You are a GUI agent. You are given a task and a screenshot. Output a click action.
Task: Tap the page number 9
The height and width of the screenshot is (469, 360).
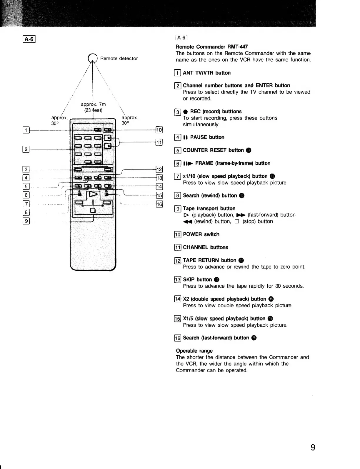[313, 448]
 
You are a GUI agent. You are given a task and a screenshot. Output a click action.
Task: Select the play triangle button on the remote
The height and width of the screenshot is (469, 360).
[93, 195]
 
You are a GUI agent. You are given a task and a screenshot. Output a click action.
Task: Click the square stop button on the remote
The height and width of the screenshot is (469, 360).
[93, 210]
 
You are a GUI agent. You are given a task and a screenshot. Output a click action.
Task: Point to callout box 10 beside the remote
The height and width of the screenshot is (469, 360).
[159, 130]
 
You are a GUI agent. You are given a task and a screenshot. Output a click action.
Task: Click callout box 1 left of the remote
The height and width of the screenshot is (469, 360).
[26, 130]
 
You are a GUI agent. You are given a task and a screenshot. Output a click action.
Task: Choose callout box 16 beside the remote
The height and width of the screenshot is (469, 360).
[159, 204]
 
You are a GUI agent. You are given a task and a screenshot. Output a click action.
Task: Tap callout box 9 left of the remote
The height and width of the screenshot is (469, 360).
[26, 221]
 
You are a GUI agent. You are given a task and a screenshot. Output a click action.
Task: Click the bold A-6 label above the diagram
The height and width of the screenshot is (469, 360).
[29, 39]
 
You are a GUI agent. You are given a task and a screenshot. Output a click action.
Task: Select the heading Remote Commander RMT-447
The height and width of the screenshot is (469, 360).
[212, 47]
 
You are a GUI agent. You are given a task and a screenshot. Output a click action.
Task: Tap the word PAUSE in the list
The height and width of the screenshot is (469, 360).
[199, 137]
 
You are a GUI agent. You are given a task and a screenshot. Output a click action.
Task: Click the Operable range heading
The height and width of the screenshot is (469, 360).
[194, 351]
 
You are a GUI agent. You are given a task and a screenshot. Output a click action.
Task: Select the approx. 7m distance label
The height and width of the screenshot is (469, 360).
[93, 104]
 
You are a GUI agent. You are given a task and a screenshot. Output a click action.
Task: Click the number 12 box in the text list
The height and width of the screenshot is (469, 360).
[178, 261]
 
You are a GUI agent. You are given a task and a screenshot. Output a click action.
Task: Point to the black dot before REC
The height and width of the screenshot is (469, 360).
[185, 112]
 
